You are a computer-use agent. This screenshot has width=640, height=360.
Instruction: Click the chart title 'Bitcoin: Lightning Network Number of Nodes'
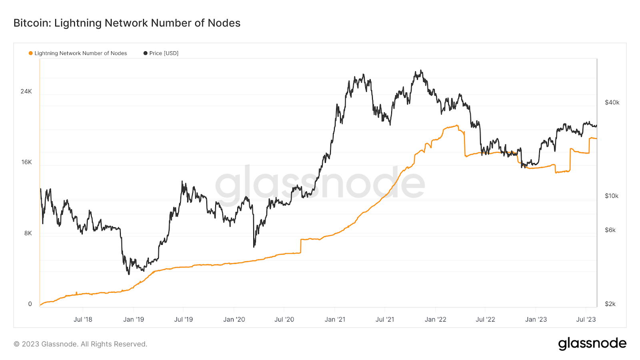click(x=127, y=23)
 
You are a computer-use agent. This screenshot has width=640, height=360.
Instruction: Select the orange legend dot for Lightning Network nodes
click(x=30, y=53)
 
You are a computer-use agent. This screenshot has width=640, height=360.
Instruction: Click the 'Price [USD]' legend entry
click(x=164, y=53)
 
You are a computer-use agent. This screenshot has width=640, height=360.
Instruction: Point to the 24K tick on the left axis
click(x=26, y=92)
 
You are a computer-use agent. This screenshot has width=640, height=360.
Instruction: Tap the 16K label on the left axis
click(x=26, y=162)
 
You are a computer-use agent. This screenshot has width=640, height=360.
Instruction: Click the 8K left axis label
click(x=28, y=233)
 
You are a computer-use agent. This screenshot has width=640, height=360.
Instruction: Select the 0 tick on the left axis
click(x=30, y=304)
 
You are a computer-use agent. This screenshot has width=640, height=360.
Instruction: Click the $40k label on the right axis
click(x=612, y=103)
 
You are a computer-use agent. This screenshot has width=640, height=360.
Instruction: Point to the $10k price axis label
click(x=612, y=196)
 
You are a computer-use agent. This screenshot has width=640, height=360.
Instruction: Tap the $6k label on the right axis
click(x=610, y=230)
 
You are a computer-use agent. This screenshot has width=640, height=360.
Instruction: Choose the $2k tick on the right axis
click(x=610, y=304)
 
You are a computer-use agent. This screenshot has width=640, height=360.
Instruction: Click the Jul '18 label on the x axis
click(x=83, y=320)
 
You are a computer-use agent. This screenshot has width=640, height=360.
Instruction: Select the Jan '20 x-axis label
click(x=234, y=320)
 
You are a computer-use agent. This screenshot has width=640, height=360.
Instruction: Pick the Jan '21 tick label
click(x=335, y=320)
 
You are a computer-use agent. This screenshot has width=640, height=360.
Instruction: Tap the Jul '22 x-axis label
click(x=485, y=320)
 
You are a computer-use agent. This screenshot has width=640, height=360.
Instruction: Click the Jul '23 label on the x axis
click(x=586, y=320)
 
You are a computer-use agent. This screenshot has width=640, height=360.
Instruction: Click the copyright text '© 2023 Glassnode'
click(x=80, y=344)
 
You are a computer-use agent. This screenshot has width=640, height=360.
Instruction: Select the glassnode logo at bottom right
click(x=592, y=344)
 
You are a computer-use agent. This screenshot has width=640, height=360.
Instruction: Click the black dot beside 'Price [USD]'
click(x=145, y=53)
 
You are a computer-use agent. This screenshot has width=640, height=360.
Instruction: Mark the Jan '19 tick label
click(x=134, y=320)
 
